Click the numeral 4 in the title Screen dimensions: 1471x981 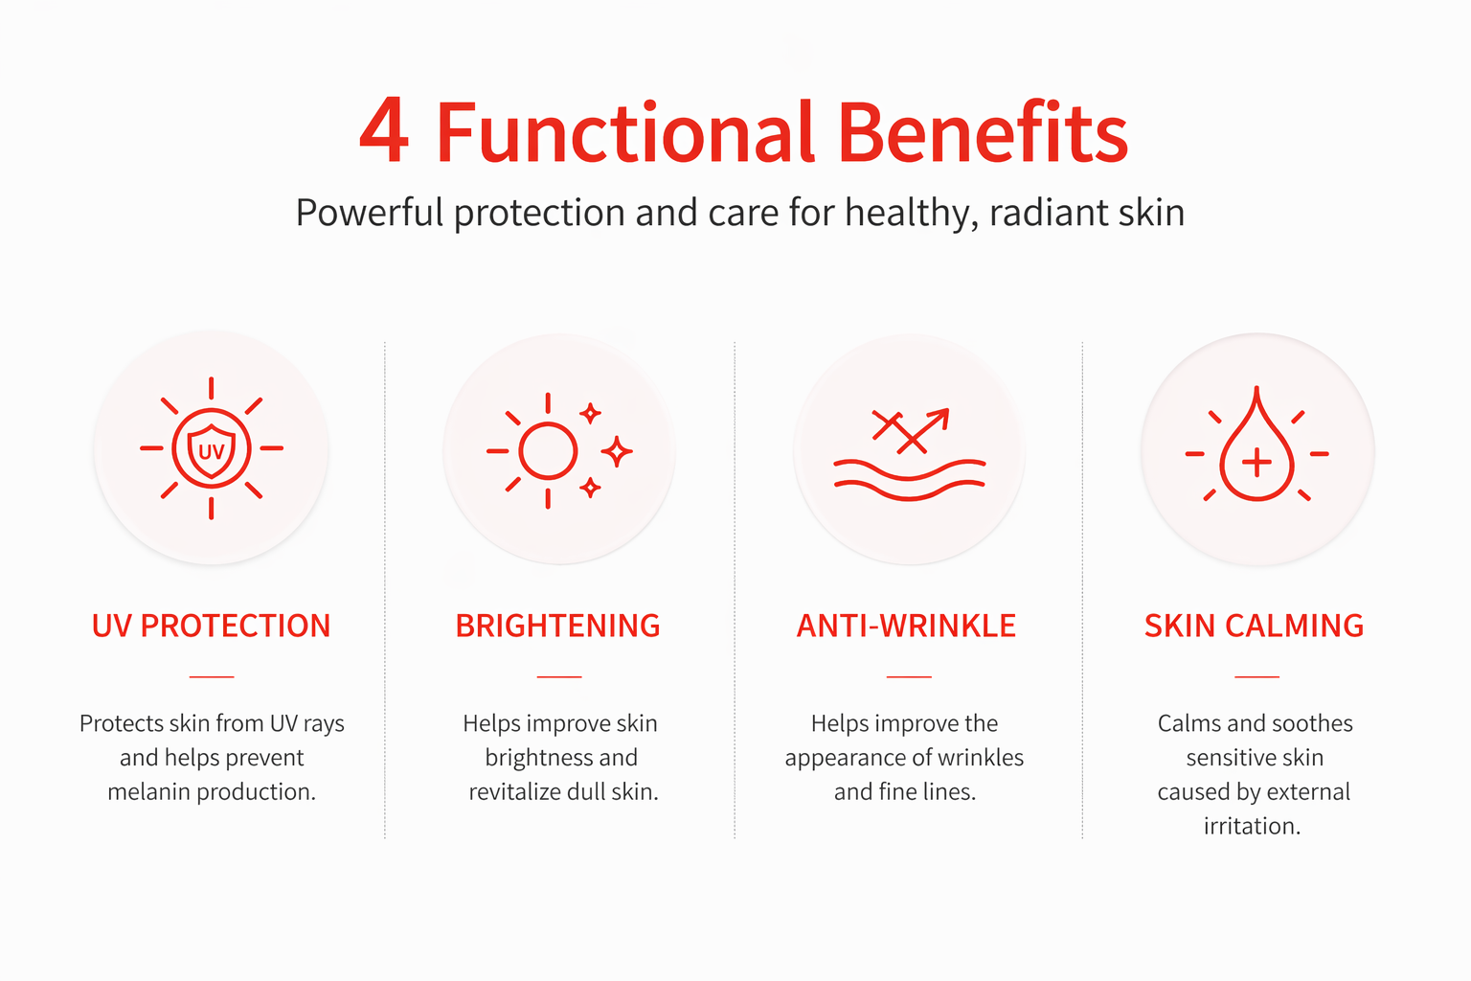click(x=384, y=130)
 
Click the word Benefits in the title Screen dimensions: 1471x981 click(x=984, y=130)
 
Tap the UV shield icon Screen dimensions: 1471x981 click(x=212, y=448)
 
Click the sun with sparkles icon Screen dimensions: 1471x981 click(x=559, y=451)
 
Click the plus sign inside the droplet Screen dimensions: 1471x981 click(x=1256, y=462)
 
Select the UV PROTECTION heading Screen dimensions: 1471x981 click(x=211, y=626)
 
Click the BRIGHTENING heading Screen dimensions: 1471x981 click(x=558, y=626)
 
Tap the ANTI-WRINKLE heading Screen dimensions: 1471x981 click(x=906, y=626)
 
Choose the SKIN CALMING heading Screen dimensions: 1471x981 click(x=1255, y=626)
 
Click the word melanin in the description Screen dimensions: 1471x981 click(x=149, y=791)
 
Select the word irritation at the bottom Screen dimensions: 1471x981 click(x=1252, y=826)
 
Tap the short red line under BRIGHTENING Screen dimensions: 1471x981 click(x=559, y=676)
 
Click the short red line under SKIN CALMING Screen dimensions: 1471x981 click(x=1256, y=676)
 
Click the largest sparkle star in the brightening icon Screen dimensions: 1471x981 click(x=617, y=451)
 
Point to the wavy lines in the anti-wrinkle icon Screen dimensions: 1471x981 click(x=910, y=480)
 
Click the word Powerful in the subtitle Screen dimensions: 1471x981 click(x=369, y=213)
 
